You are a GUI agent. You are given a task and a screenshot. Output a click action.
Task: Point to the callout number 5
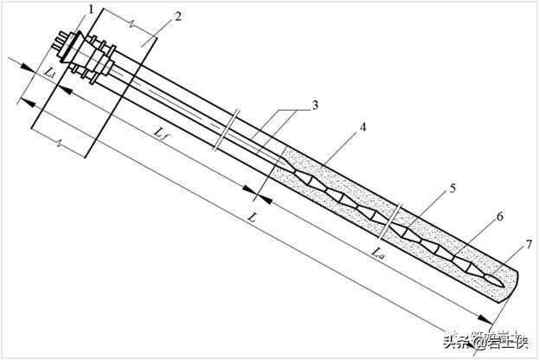tap(452, 189)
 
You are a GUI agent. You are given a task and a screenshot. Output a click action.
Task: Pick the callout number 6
tap(499, 220)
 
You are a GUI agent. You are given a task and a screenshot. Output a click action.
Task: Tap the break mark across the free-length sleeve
tap(228, 129)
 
